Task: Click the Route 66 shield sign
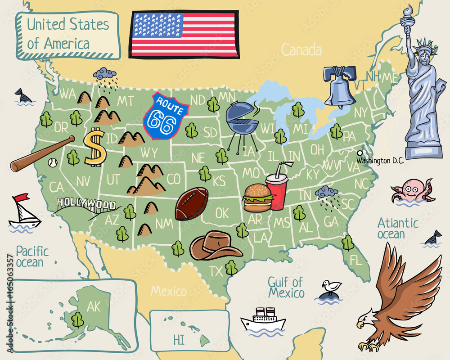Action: [x=165, y=116]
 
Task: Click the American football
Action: [x=192, y=203]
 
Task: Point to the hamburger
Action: [x=258, y=198]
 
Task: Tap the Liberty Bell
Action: [x=340, y=86]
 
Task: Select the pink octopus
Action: [x=411, y=190]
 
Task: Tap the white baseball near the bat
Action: [x=54, y=162]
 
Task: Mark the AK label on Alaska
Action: [x=94, y=306]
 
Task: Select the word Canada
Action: [x=301, y=49]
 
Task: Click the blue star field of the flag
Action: [x=157, y=25]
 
